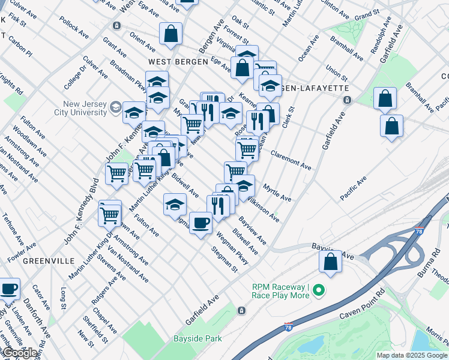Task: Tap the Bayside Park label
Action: point(197,338)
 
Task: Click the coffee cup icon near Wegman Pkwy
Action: point(200,223)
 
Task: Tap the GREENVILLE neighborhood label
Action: point(48,261)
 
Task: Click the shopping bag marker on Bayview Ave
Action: point(330,262)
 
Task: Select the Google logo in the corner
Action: point(19,353)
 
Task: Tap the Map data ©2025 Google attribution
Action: point(411,355)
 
